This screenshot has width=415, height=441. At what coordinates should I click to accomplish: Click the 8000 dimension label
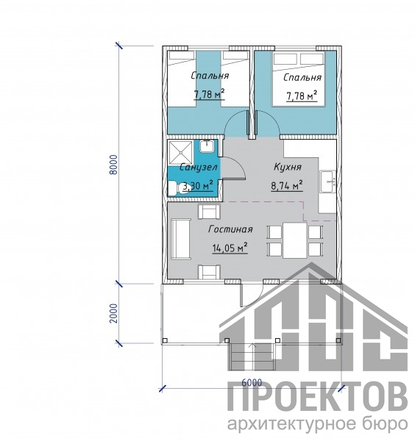coord(114,165)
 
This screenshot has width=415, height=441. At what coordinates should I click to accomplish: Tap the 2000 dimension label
coord(114,313)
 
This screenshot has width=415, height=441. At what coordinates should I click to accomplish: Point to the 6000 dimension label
coord(252,382)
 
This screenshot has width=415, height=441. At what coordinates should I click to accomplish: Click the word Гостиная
coord(230,229)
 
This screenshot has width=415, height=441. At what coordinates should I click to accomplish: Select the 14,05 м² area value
coord(230,248)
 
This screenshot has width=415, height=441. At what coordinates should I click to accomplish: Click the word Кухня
coord(288,167)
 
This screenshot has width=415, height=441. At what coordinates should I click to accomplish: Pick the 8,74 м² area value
coord(287,185)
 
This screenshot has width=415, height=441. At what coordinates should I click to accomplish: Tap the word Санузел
coord(199,168)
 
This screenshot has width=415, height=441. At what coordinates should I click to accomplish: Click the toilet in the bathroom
coord(175,188)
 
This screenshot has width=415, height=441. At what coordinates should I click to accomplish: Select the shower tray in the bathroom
coord(180,152)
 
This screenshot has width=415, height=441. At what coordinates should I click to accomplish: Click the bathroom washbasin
coord(207,146)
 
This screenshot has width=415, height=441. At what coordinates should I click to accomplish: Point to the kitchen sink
coord(328,182)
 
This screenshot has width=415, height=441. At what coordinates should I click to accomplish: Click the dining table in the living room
coord(295,240)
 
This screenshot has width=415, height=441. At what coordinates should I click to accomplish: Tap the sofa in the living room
coord(181,239)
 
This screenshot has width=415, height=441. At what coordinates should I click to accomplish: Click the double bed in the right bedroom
coord(299,79)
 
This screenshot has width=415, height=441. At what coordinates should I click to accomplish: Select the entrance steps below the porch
coord(252,356)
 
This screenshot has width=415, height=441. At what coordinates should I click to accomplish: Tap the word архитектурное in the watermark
coord(283,424)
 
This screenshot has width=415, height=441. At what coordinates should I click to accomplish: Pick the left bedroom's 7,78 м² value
coord(209,94)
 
